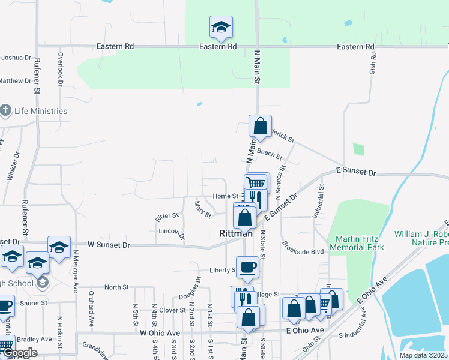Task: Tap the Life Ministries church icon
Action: coord(6,110)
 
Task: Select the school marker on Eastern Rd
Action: coord(221,27)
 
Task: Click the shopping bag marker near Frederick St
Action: coord(260,127)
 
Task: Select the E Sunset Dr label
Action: coord(356,172)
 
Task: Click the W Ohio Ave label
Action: coord(160,332)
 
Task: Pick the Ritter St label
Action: coord(167,215)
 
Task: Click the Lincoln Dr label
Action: coord(170,231)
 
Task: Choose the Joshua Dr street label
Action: coord(16,58)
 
